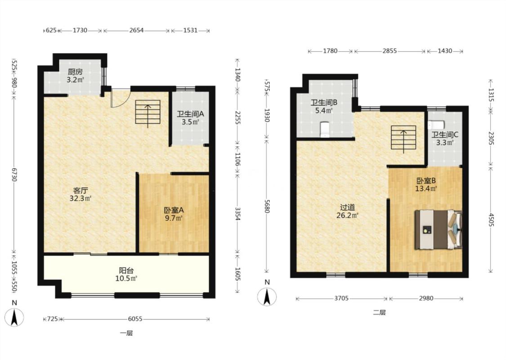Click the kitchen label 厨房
(75, 72)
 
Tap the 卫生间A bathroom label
(190, 114)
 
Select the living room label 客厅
(81, 190)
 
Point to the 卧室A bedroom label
(174, 210)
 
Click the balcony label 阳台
(126, 270)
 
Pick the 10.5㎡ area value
(126, 278)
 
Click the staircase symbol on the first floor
(148, 112)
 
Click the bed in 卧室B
(438, 229)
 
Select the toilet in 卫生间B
(325, 130)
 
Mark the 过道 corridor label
(348, 207)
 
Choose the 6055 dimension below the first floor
(135, 319)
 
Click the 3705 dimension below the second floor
(341, 298)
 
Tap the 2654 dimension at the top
(136, 30)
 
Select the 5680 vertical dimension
(267, 206)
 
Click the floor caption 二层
(380, 313)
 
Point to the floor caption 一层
(126, 333)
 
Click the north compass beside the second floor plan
(267, 297)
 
